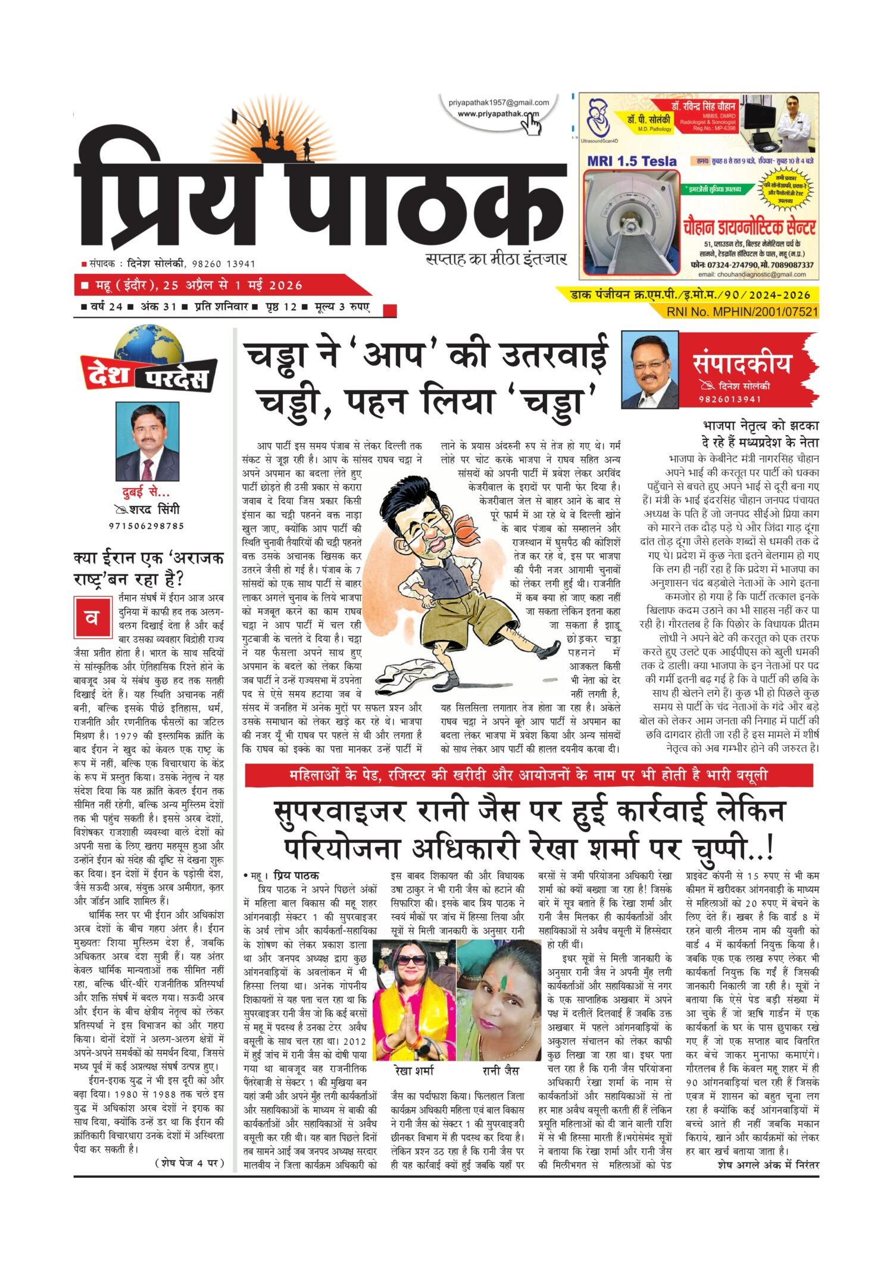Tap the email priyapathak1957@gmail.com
[499, 102]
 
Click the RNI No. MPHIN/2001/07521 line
[742, 311]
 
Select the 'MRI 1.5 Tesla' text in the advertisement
[632, 161]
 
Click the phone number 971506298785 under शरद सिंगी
[146, 526]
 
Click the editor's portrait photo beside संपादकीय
[650, 370]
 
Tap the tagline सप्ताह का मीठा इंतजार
[496, 260]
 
